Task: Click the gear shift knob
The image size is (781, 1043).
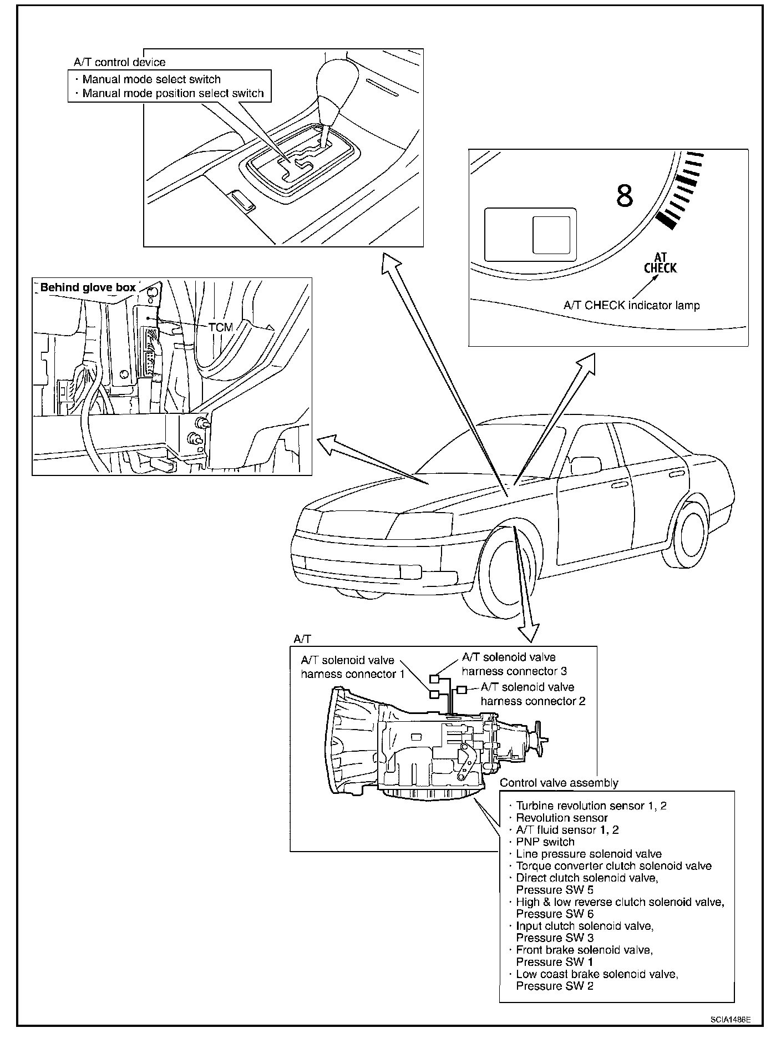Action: click(332, 83)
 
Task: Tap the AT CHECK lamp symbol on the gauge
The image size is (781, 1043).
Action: click(660, 263)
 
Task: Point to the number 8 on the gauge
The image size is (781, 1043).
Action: click(625, 195)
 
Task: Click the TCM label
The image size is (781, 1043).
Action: click(221, 327)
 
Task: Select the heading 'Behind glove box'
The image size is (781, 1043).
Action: click(88, 287)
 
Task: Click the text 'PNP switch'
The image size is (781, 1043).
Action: click(545, 842)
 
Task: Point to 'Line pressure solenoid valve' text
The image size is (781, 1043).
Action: click(589, 854)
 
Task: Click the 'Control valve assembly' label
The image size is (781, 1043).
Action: click(559, 783)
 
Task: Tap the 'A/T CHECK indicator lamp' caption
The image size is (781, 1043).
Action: click(631, 305)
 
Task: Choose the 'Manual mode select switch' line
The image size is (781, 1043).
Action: click(151, 79)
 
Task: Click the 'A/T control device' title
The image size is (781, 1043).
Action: click(119, 63)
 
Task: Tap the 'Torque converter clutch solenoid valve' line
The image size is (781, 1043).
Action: click(613, 865)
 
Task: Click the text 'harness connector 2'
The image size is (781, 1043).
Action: click(533, 701)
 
